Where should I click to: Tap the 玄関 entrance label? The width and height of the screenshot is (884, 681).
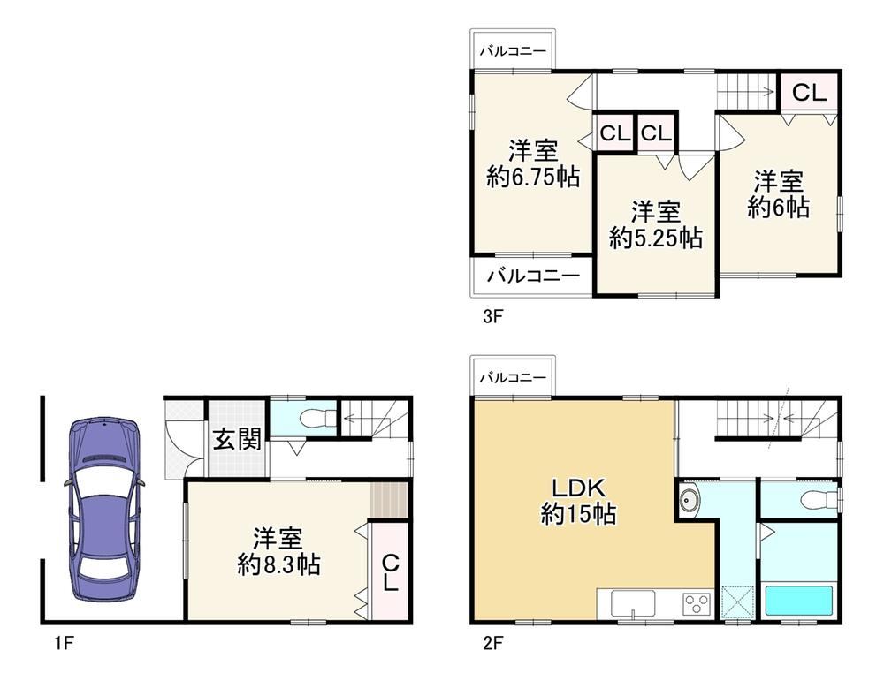pyautogui.click(x=237, y=439)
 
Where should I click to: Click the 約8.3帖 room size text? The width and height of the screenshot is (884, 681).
pyautogui.click(x=279, y=564)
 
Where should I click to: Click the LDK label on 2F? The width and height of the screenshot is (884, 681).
pyautogui.click(x=578, y=487)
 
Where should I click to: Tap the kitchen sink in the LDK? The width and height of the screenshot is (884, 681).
pyautogui.click(x=633, y=604)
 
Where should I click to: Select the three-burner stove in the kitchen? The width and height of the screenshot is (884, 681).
pyautogui.click(x=697, y=604)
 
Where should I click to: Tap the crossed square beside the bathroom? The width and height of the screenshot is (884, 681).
pyautogui.click(x=738, y=602)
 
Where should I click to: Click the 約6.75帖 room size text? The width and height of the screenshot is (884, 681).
pyautogui.click(x=533, y=178)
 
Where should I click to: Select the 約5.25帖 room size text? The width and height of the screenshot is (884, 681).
pyautogui.click(x=656, y=238)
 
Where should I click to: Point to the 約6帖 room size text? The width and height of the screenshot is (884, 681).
pyautogui.click(x=779, y=208)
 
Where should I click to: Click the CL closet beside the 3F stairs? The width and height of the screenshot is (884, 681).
pyautogui.click(x=810, y=92)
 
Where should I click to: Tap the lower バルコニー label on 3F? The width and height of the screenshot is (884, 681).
pyautogui.click(x=533, y=276)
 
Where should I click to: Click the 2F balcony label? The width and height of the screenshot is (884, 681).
pyautogui.click(x=513, y=377)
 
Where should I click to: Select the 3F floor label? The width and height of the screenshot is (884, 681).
pyautogui.click(x=492, y=316)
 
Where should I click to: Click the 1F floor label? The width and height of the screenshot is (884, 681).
pyautogui.click(x=65, y=643)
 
